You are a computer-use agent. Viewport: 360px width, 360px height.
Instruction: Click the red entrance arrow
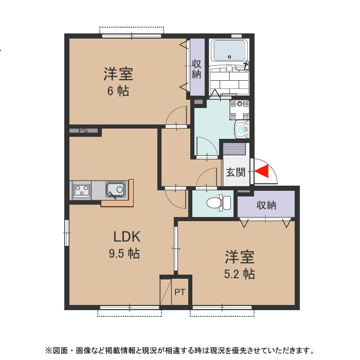pyautogui.click(x=262, y=172)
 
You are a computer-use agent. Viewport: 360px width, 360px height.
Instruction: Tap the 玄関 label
pyautogui.click(x=236, y=172)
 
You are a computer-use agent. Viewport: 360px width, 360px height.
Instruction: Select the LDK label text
pyautogui.click(x=127, y=237)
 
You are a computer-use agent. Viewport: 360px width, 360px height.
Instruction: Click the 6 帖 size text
pyautogui.click(x=118, y=92)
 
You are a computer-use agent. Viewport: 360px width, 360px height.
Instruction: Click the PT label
pyautogui.click(x=179, y=293)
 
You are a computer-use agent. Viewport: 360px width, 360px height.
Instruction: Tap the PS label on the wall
pyautogui.click(x=83, y=131)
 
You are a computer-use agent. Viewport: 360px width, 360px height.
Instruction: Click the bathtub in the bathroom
pyautogui.click(x=229, y=51)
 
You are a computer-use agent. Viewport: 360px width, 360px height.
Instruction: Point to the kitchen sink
pyautogui.click(x=115, y=190)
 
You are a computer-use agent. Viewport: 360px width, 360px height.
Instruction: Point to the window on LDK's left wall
pyautogui.click(x=66, y=232)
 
